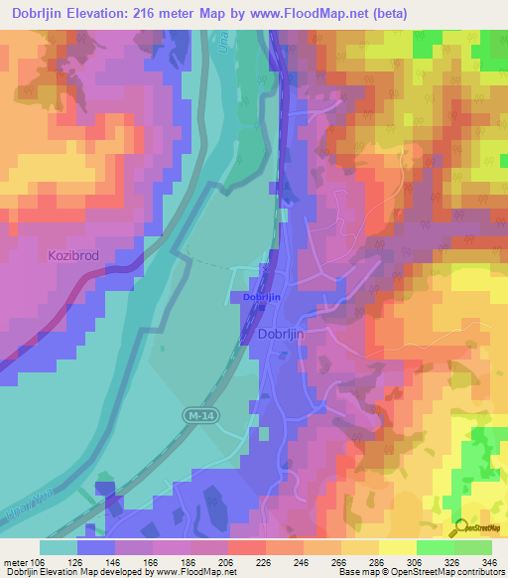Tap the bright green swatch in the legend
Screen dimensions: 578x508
coord(435,547)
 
